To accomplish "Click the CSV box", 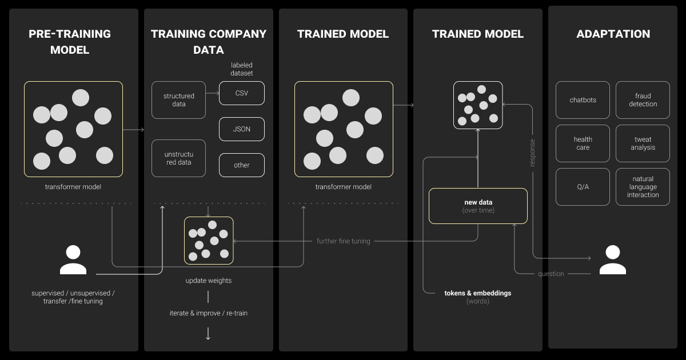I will coord(242,93).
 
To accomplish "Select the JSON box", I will coord(242,129).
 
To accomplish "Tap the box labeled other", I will coord(242,165).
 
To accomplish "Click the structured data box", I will coord(178,100).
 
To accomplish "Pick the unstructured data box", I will coord(178,158).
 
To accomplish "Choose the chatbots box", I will coord(583,100).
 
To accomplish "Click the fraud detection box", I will coord(643,100).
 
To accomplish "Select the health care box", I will coord(583,143).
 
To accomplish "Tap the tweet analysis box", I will coord(643,143).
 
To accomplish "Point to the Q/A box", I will coord(583,187).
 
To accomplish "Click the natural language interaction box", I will coord(643,187).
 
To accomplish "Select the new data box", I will coord(478,206).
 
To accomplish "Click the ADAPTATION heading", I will coord(613,34).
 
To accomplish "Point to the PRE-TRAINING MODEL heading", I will coord(70,42).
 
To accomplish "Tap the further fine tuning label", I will coord(343,241).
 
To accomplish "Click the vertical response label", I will coord(532,153).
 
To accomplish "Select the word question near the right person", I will coord(551,274).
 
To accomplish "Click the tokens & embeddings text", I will coord(478,293).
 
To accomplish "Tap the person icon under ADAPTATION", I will coord(612,260).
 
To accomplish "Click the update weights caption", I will coord(208,281).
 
